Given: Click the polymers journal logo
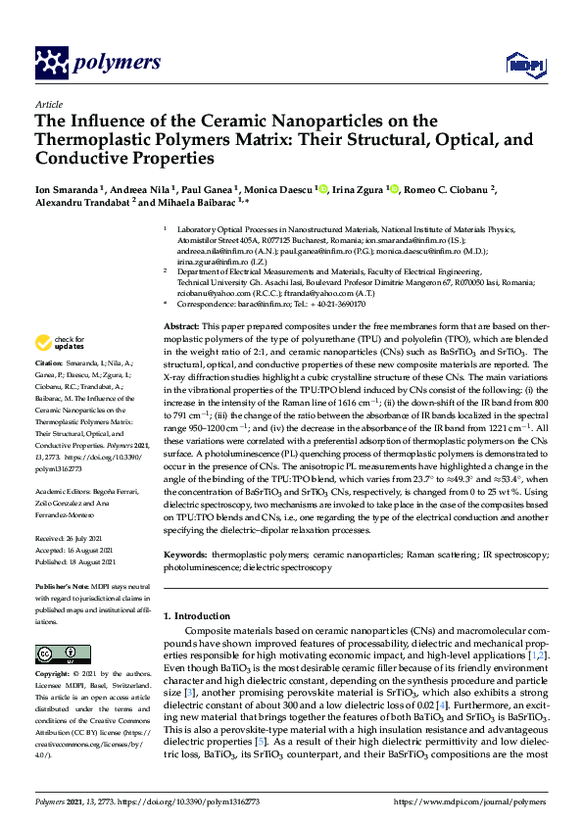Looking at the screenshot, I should point(97,64).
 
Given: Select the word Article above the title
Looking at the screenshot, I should point(49,103).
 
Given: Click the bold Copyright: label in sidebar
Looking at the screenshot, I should point(56,675).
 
